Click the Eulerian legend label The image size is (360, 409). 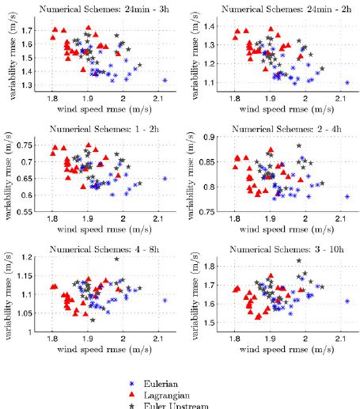(165, 380)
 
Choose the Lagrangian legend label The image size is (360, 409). (170, 392)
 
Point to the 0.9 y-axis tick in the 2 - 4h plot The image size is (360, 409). (217, 137)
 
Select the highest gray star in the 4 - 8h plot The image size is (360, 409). (116, 259)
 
